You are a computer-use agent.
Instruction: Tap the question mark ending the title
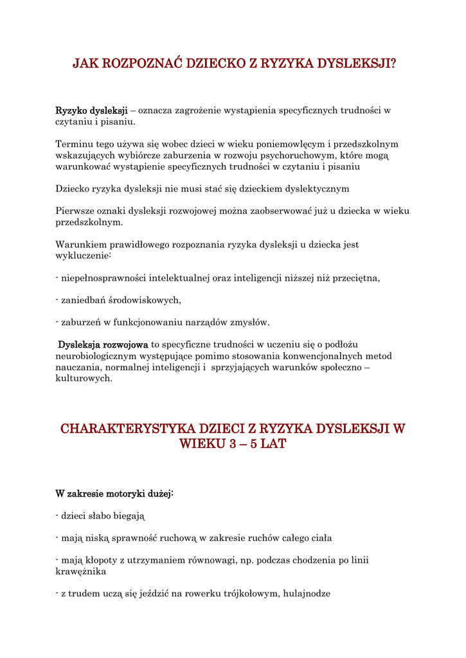click(x=393, y=64)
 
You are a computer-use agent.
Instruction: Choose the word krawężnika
click(x=81, y=571)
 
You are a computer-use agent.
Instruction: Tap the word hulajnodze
click(x=306, y=594)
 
